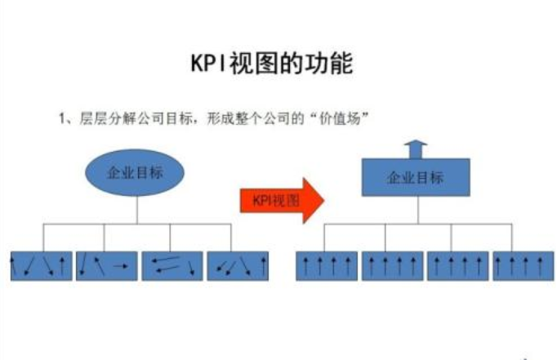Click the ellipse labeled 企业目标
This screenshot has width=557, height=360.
[x=135, y=172]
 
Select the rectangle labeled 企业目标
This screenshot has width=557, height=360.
[x=415, y=177]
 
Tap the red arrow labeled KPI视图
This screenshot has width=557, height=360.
[x=281, y=200]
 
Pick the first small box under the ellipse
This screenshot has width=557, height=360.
[x=41, y=265]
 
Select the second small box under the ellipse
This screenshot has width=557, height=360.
[x=106, y=265]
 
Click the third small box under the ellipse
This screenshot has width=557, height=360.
[x=172, y=265]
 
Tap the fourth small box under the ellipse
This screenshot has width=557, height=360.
[x=238, y=265]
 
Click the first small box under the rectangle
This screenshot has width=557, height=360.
[x=326, y=265]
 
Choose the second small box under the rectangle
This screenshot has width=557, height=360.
[x=392, y=265]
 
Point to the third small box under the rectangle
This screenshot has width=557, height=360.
[x=457, y=265]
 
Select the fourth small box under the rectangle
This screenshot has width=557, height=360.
[x=523, y=265]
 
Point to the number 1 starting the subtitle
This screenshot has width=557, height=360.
[x=62, y=118]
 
